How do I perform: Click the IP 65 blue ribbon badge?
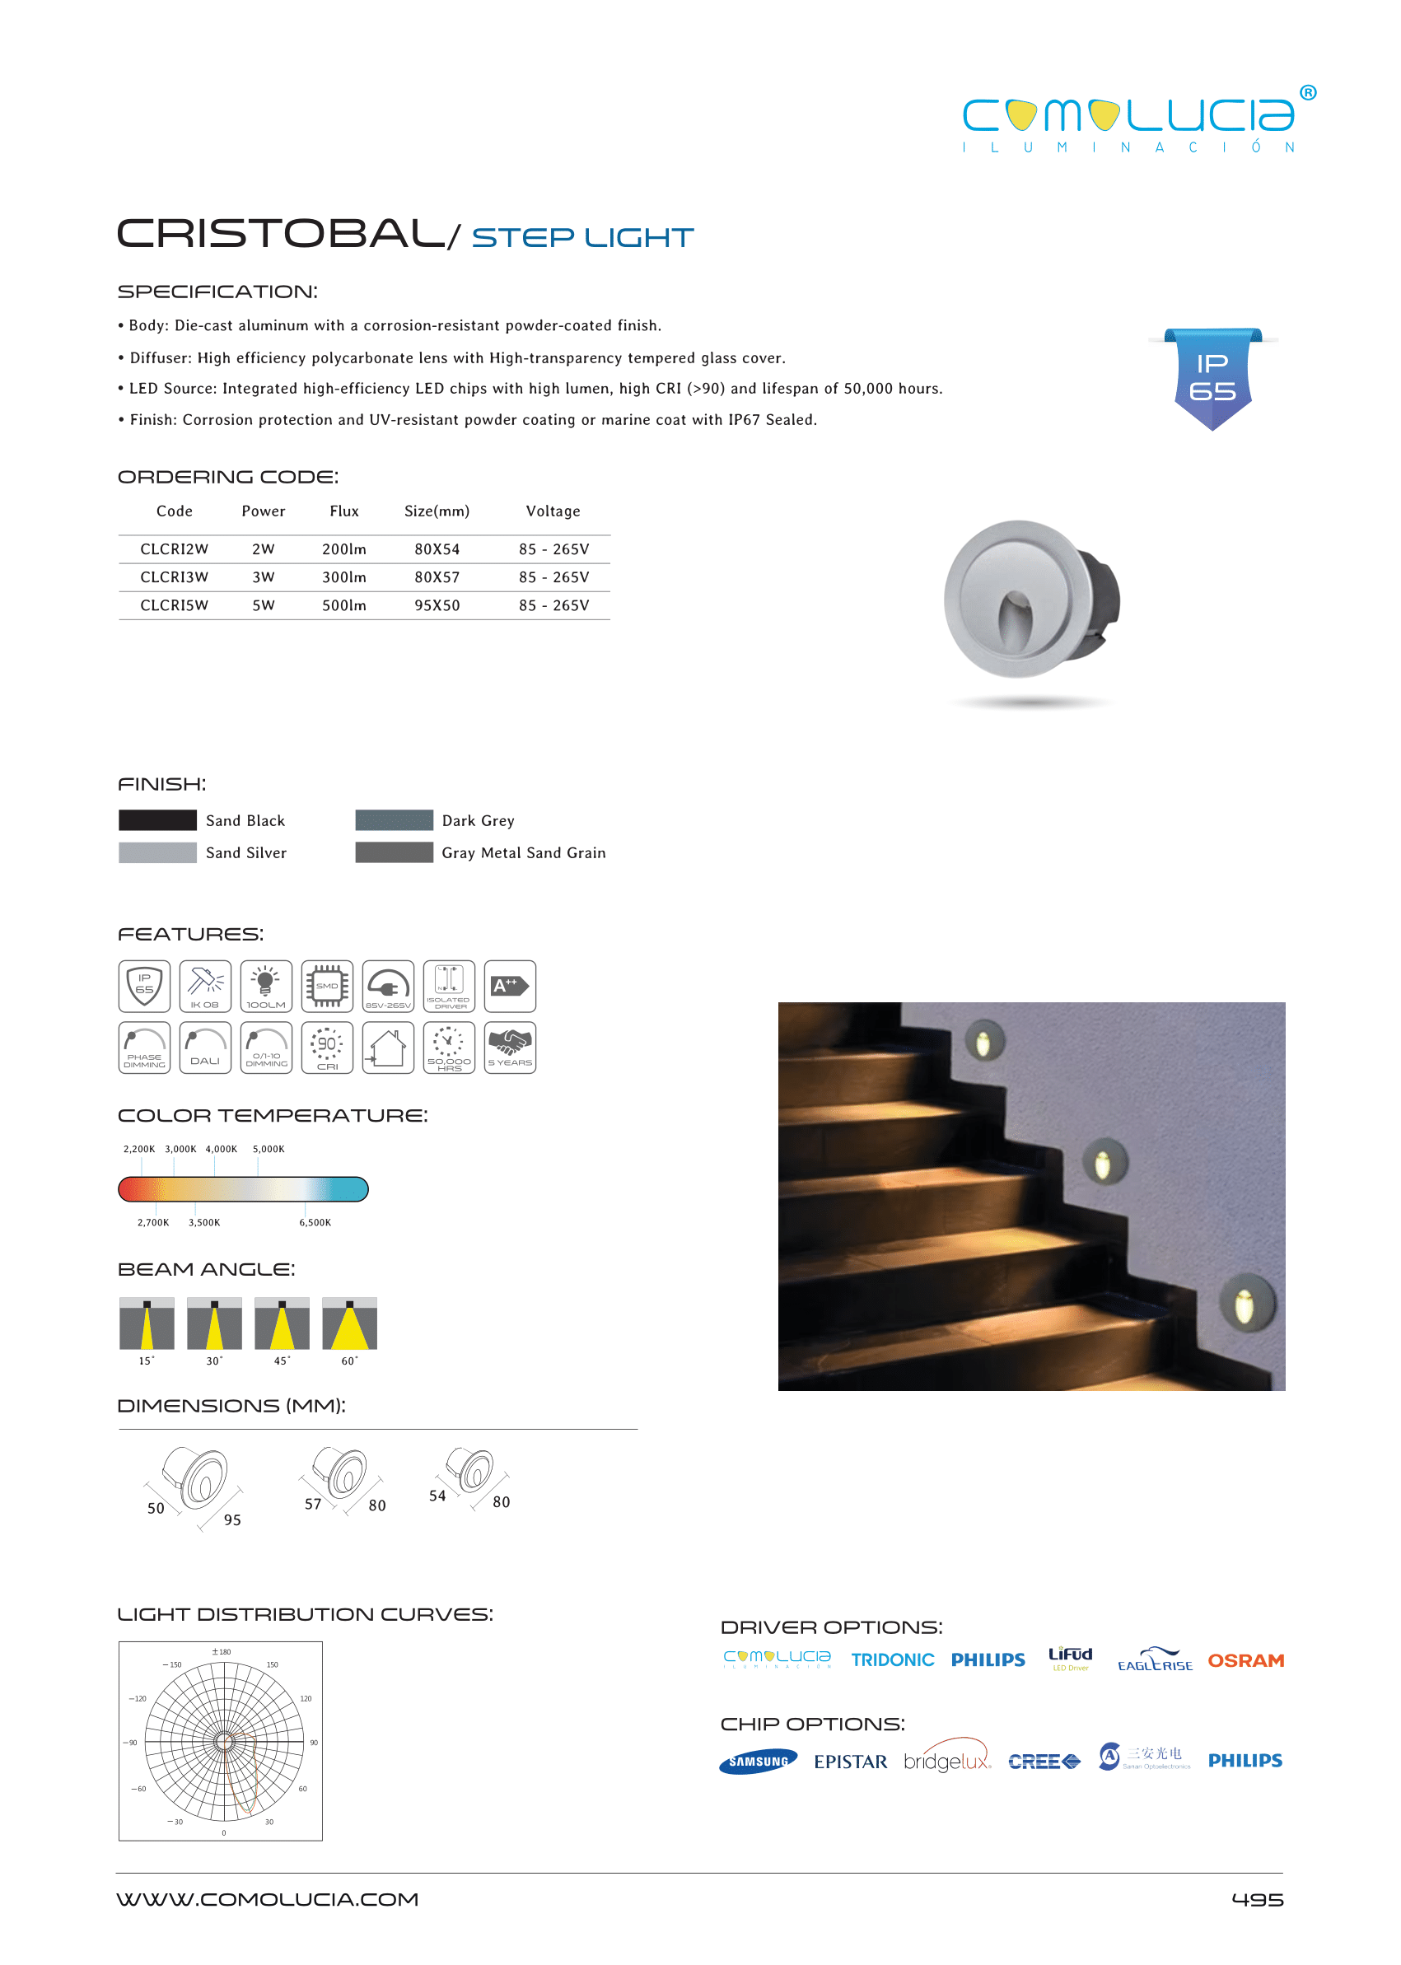coord(1212,378)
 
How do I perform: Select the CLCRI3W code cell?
coord(175,577)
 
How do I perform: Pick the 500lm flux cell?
coord(344,605)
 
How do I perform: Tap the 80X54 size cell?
coord(437,549)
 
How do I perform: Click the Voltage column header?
coord(553,511)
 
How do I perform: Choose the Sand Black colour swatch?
coord(158,819)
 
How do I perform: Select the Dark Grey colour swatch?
coord(395,819)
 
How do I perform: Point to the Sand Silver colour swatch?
coord(158,852)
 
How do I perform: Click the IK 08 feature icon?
coord(205,986)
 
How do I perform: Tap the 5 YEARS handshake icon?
coord(510,1048)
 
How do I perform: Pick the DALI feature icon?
coord(205,1048)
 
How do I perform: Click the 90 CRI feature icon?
coord(327,1048)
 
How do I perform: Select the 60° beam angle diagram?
coord(349,1323)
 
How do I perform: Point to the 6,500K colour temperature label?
coord(315,1222)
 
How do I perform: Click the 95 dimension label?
coord(232,1520)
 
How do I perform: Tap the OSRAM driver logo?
coord(1245,1660)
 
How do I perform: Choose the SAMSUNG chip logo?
coord(758,1762)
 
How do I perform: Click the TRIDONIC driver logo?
coord(892,1660)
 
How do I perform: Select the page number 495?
coord(1257,1899)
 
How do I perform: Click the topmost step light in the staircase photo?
coord(983,1042)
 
